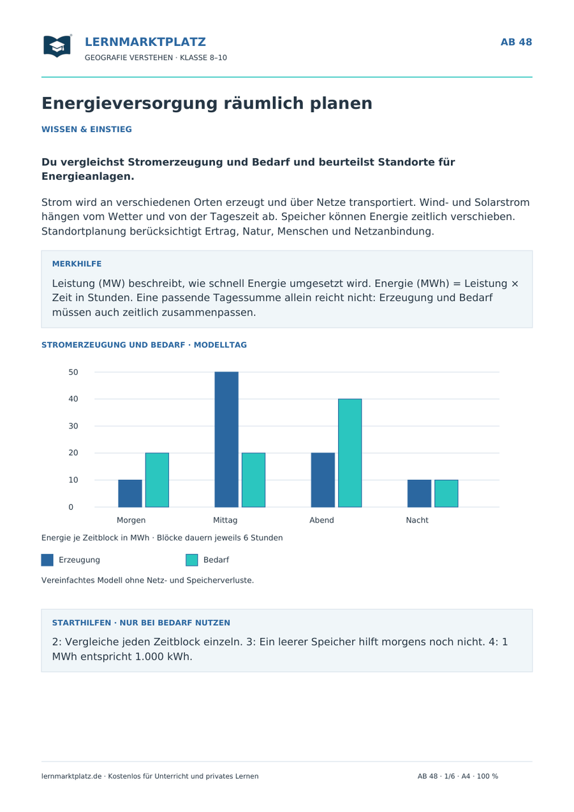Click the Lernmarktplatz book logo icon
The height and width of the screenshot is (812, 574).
point(57,46)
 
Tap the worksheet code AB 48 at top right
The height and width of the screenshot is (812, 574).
point(516,42)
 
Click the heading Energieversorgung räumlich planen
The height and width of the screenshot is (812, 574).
point(207,103)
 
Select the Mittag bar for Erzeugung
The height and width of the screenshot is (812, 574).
point(226,439)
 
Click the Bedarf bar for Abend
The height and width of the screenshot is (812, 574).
point(350,453)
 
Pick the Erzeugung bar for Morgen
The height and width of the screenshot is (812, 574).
point(130,493)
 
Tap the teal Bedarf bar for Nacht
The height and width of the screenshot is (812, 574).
point(446,493)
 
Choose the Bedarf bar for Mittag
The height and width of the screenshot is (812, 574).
point(254,480)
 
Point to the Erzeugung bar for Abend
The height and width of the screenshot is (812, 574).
point(323,480)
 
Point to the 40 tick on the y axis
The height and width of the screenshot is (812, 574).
point(73,399)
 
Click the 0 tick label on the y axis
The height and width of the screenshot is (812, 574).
point(71,507)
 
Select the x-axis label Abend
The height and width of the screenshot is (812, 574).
point(321,520)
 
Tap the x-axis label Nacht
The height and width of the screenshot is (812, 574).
point(417,520)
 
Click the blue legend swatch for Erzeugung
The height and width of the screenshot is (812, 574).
point(47,560)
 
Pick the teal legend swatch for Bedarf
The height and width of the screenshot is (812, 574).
point(191,560)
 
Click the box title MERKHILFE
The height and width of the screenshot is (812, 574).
point(77,264)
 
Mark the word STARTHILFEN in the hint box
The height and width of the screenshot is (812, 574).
point(82,623)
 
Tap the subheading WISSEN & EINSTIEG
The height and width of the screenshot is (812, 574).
point(87,129)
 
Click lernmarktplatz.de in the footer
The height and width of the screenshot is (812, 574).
point(71,776)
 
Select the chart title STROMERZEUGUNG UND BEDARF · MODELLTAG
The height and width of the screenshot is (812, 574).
point(144,345)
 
